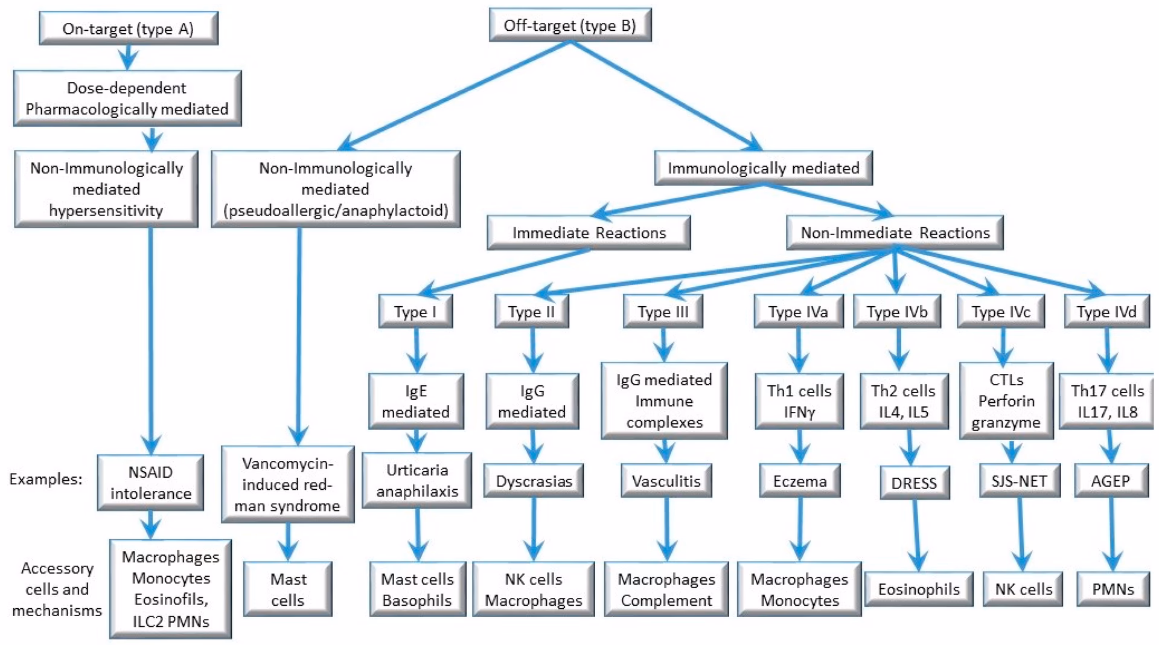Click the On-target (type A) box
[x=128, y=28]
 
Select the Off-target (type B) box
[x=570, y=25]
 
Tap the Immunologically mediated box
[x=763, y=168]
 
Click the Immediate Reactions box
[x=589, y=233]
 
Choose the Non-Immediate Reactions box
[x=895, y=233]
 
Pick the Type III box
[x=663, y=312]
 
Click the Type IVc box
[x=1001, y=312]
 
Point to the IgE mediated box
[x=416, y=401]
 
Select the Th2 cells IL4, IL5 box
[x=903, y=401]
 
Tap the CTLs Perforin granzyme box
[x=1006, y=401]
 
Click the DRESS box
[x=914, y=483]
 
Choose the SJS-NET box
[x=1019, y=481]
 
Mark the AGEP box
[x=1111, y=481]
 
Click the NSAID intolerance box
[x=150, y=483]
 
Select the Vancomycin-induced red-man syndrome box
[x=287, y=484]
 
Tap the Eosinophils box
[x=918, y=589]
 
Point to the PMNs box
[x=1113, y=589]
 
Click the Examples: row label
[x=45, y=479]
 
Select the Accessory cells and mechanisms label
[x=57, y=589]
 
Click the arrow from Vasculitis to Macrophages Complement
[x=666, y=528]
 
